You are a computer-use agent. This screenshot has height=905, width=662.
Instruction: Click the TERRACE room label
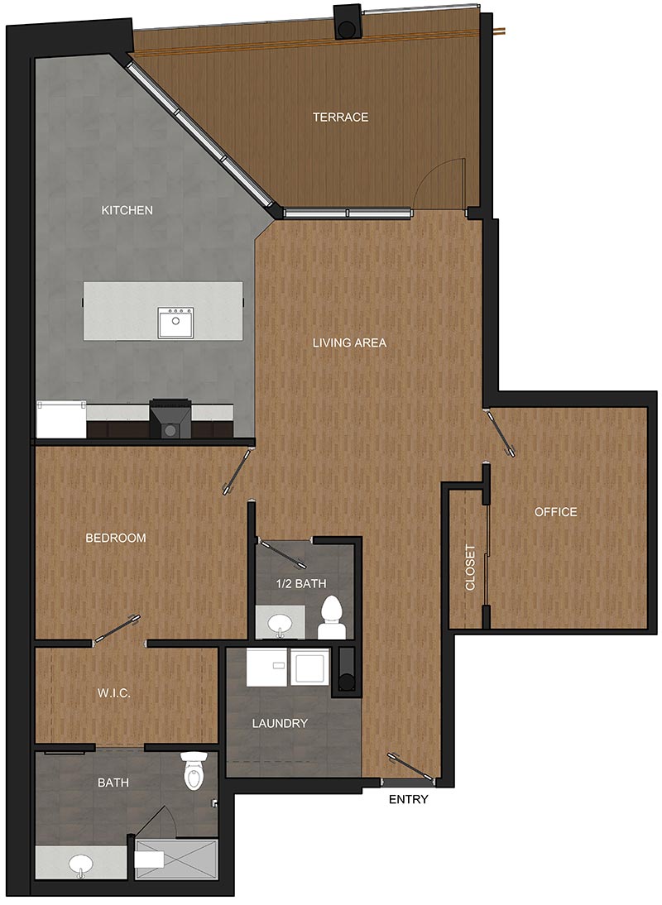pyautogui.click(x=340, y=117)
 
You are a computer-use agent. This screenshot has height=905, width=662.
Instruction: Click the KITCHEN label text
pyautogui.click(x=127, y=210)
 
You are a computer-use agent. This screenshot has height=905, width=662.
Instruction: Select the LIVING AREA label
pyautogui.click(x=349, y=342)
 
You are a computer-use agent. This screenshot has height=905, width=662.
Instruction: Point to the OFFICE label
pyautogui.click(x=555, y=512)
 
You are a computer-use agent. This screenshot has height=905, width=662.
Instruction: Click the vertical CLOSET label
pyautogui.click(x=470, y=567)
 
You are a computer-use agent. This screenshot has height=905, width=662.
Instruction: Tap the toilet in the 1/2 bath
pyautogui.click(x=333, y=618)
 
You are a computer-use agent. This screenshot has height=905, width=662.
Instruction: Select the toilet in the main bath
pyautogui.click(x=194, y=771)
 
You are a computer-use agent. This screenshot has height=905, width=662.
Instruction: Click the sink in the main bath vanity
pyautogui.click(x=81, y=865)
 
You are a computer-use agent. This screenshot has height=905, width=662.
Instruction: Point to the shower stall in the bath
pyautogui.click(x=176, y=860)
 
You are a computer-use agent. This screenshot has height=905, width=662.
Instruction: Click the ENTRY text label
pyautogui.click(x=409, y=800)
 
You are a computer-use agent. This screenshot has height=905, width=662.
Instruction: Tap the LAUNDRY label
pyautogui.click(x=280, y=723)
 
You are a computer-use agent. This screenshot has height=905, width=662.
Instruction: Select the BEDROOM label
pyautogui.click(x=116, y=538)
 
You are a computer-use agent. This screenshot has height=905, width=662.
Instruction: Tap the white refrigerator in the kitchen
pyautogui.click(x=61, y=419)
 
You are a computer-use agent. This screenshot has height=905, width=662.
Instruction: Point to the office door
pyautogui.click(x=501, y=431)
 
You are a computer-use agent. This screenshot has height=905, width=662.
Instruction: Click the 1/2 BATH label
pyautogui.click(x=301, y=583)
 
